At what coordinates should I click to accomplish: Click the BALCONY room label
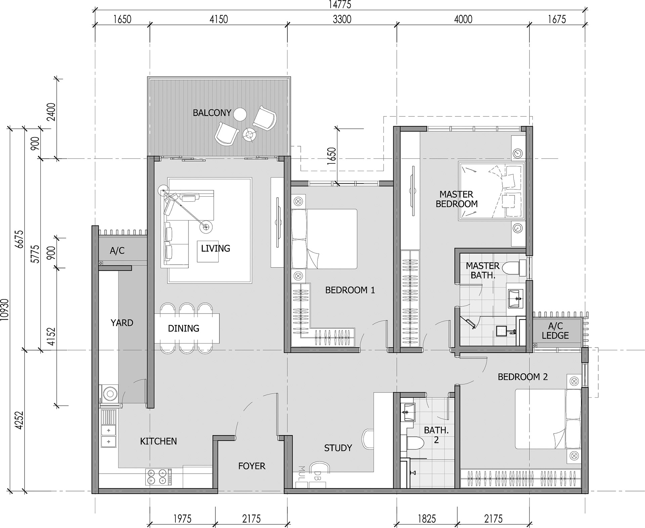pos(212,113)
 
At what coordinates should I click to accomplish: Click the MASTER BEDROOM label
pos(457,199)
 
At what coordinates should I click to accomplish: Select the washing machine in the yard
pos(109,393)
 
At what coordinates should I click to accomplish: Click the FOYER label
pos(252,466)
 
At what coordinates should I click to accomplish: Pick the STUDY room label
pos(338,448)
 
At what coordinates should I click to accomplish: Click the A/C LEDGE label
pos(555,331)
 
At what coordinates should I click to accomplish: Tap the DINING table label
pos(183,328)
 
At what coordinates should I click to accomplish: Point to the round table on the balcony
pos(240,114)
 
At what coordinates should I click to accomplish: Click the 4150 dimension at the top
pos(219,19)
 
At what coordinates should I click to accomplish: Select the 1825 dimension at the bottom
pos(427,519)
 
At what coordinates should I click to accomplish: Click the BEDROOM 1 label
pos(350,290)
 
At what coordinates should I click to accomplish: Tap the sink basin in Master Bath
pos(515,298)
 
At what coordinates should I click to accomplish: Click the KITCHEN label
pos(158,441)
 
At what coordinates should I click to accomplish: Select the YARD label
pos(122,323)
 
